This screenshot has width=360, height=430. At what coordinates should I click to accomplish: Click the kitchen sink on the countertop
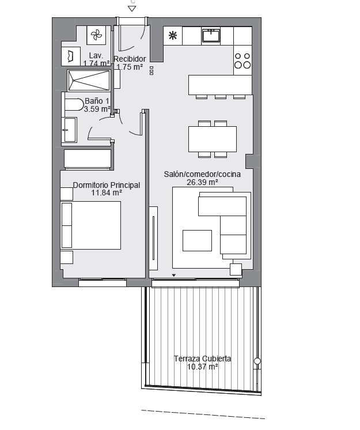click(211, 36)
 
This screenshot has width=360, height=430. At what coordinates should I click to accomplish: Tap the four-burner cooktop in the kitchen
click(242, 61)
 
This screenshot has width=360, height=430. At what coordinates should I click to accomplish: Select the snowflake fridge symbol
click(173, 35)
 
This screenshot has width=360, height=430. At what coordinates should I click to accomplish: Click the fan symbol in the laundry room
click(96, 35)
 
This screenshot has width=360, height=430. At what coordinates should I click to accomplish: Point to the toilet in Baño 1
click(74, 104)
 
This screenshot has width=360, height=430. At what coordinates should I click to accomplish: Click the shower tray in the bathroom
click(89, 80)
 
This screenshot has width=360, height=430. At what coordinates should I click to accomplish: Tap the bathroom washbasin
click(69, 130)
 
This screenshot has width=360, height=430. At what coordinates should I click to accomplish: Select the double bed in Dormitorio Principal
click(90, 225)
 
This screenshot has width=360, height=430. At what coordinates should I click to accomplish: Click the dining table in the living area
click(213, 139)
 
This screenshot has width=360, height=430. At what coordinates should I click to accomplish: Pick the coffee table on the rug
click(197, 240)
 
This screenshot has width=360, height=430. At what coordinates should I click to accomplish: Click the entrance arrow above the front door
click(132, 9)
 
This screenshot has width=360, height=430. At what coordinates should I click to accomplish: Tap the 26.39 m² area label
click(202, 182)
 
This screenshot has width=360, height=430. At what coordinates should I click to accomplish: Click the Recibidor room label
click(130, 59)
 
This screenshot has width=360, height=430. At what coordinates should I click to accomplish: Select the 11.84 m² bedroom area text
click(107, 193)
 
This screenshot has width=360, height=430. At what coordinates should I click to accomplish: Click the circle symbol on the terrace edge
click(257, 361)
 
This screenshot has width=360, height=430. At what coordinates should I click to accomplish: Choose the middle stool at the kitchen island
click(221, 97)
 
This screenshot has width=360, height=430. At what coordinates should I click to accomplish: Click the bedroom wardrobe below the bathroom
click(88, 159)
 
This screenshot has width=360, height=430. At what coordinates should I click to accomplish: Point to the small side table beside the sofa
click(236, 270)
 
